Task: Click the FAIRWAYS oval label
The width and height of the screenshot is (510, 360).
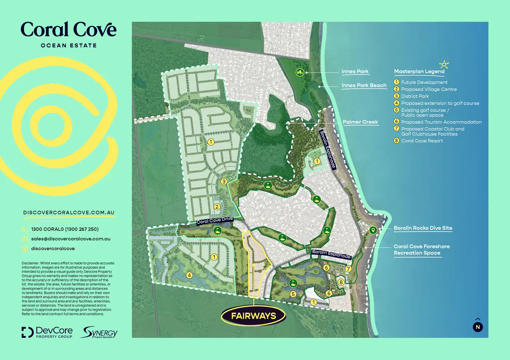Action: tap(254, 316)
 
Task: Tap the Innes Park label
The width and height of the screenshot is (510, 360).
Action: tap(355, 72)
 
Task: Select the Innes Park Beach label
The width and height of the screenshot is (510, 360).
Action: tap(364, 85)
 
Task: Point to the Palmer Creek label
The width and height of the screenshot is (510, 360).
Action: tap(360, 122)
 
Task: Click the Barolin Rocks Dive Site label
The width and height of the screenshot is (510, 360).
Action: tap(423, 228)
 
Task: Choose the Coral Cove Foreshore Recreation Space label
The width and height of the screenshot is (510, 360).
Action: tap(421, 250)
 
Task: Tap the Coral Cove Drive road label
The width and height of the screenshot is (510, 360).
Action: tap(215, 220)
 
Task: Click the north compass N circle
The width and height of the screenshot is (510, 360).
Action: tap(478, 327)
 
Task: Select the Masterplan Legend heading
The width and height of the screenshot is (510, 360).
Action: tap(419, 72)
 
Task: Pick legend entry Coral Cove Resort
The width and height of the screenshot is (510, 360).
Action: tap(422, 141)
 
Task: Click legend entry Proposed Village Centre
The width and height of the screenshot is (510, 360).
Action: tap(429, 89)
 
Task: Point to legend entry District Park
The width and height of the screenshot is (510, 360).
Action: tap(415, 96)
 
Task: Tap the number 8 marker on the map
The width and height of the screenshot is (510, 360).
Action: tap(341, 282)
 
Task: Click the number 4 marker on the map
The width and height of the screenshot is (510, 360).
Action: tap(189, 275)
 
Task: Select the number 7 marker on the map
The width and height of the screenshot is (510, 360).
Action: tap(348, 269)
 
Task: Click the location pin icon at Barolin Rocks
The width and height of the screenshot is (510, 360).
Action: tap(373, 230)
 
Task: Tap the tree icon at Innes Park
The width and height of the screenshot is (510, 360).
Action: tap(300, 72)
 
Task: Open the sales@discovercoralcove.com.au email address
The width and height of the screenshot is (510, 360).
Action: tap(71, 239)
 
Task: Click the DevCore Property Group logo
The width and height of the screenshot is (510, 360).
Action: tap(47, 332)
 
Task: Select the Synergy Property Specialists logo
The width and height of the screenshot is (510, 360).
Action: tap(99, 332)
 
